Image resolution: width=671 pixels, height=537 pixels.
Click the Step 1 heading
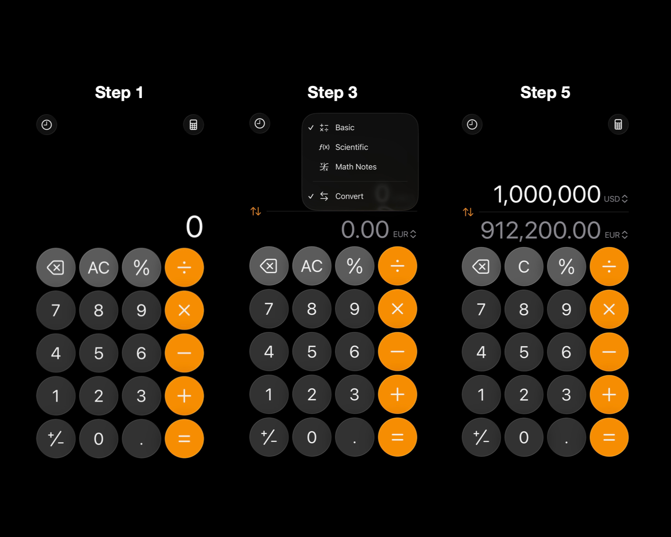[x=119, y=92]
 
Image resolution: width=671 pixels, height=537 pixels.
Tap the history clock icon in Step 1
[x=47, y=125]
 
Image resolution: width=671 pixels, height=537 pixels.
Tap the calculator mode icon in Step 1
[x=193, y=125]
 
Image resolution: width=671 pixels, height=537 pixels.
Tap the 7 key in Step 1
[x=56, y=310]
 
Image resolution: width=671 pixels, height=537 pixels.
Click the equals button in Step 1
[x=184, y=438]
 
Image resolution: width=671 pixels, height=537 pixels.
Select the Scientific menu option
[x=351, y=147]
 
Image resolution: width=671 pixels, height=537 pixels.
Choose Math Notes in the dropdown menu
[x=355, y=167]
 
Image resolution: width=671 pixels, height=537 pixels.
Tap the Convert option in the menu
[x=349, y=196]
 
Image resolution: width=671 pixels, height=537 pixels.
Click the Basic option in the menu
[x=345, y=127]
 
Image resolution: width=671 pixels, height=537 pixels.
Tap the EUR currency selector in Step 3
[x=404, y=234]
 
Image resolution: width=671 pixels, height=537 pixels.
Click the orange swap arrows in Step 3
[x=255, y=212]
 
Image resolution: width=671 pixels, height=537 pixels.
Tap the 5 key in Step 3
[x=311, y=352]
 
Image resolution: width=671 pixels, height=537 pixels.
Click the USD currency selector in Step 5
[x=615, y=199]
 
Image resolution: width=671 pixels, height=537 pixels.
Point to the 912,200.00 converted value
[x=540, y=230]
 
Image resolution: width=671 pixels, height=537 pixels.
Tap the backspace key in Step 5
[x=481, y=267]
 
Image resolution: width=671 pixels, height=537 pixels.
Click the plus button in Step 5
[x=609, y=395]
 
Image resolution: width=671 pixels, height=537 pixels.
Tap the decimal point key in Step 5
[x=566, y=438]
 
